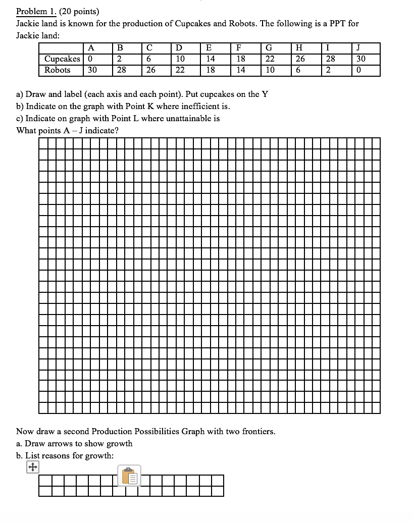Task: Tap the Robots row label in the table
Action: click(57, 70)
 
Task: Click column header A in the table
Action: click(91, 48)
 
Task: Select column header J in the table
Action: click(358, 48)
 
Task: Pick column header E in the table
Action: click(209, 48)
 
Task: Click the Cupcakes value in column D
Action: click(180, 59)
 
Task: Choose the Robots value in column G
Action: click(270, 70)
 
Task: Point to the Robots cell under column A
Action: click(92, 70)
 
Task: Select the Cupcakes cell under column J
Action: click(360, 59)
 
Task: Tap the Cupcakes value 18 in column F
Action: click(241, 59)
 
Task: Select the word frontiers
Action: click(259, 432)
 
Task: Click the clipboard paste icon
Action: click(129, 476)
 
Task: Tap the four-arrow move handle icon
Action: click(32, 467)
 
